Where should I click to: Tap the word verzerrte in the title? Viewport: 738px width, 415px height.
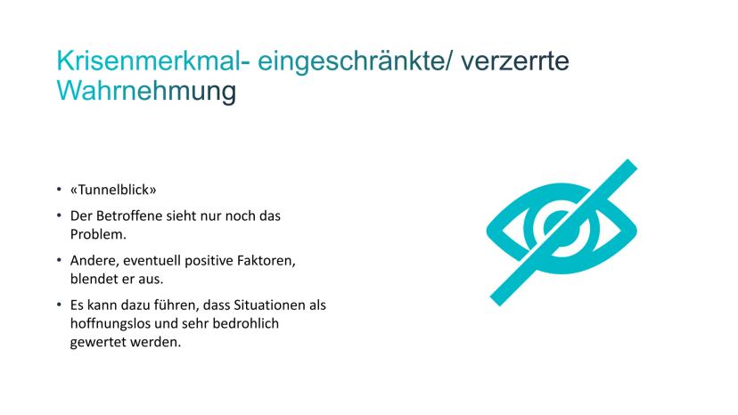pos(515,61)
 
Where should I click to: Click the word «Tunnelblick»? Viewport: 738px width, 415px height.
pos(113,190)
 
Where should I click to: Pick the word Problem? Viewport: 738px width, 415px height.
pos(98,234)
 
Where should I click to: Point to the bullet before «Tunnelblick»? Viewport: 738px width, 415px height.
pos(59,190)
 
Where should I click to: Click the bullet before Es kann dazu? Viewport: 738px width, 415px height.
pos(59,305)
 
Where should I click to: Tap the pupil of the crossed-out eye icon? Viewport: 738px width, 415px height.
pos(561,227)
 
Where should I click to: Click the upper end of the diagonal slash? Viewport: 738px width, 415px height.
pos(632,163)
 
